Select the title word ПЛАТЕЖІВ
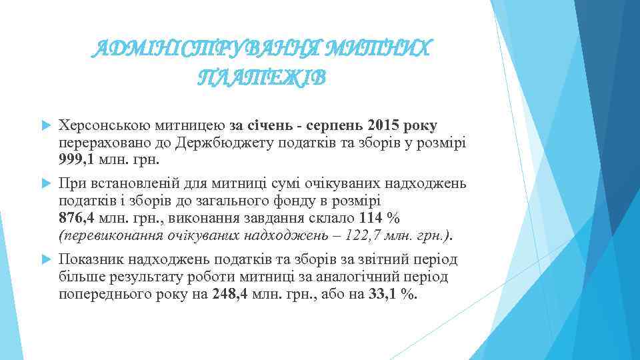(x=262, y=79)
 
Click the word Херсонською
(x=100, y=125)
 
